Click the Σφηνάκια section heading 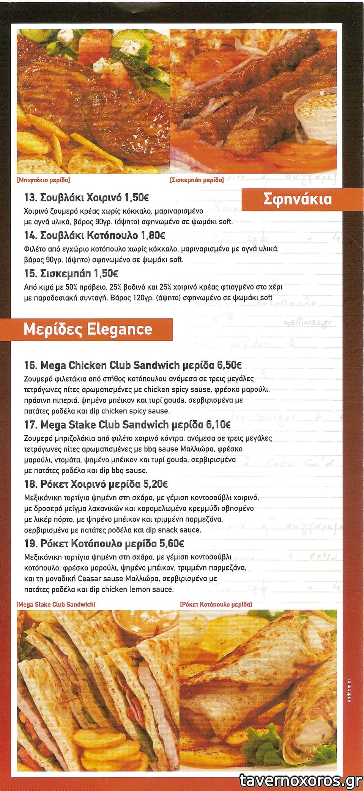click(x=297, y=199)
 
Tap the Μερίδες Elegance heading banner click(x=88, y=329)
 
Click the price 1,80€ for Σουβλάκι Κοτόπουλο click(x=153, y=235)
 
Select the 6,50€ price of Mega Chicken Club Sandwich click(x=229, y=365)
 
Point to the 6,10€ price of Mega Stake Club click(x=218, y=424)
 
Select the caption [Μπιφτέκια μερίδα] click(x=43, y=180)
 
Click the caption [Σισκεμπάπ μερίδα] click(x=197, y=180)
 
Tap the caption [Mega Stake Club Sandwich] click(x=56, y=604)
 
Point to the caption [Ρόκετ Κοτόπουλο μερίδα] click(x=216, y=604)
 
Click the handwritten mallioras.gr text click(x=307, y=323)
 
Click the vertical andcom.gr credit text click(x=350, y=690)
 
